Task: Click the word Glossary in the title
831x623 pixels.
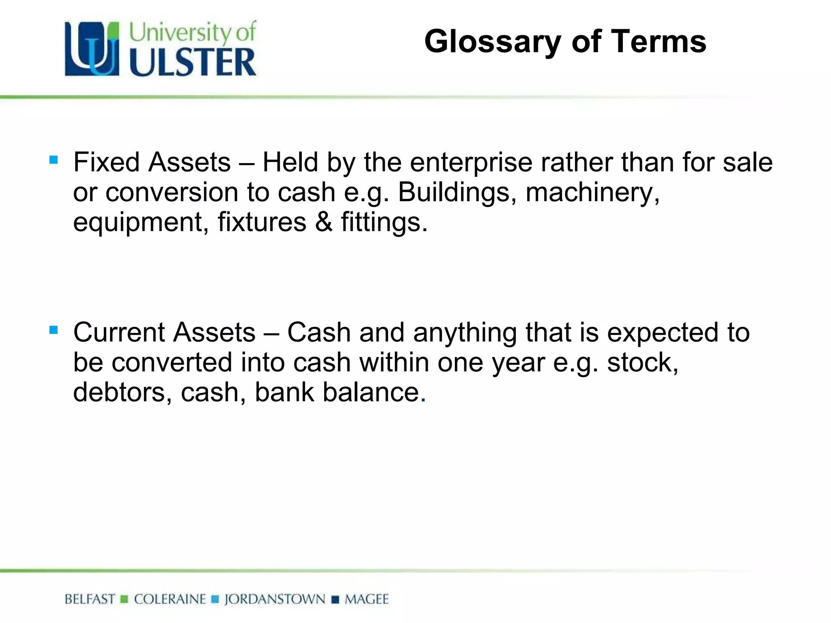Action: (493, 42)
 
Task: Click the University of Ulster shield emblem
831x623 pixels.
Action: (92, 49)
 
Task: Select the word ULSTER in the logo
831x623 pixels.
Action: (193, 62)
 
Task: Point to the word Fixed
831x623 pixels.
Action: (106, 162)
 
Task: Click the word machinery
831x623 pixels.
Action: (592, 192)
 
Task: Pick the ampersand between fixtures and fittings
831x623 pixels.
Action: (323, 222)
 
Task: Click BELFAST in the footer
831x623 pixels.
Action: (90, 599)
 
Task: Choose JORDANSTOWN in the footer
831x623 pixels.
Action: (275, 599)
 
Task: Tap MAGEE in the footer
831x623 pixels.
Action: (366, 599)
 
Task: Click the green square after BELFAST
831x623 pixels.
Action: (125, 599)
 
